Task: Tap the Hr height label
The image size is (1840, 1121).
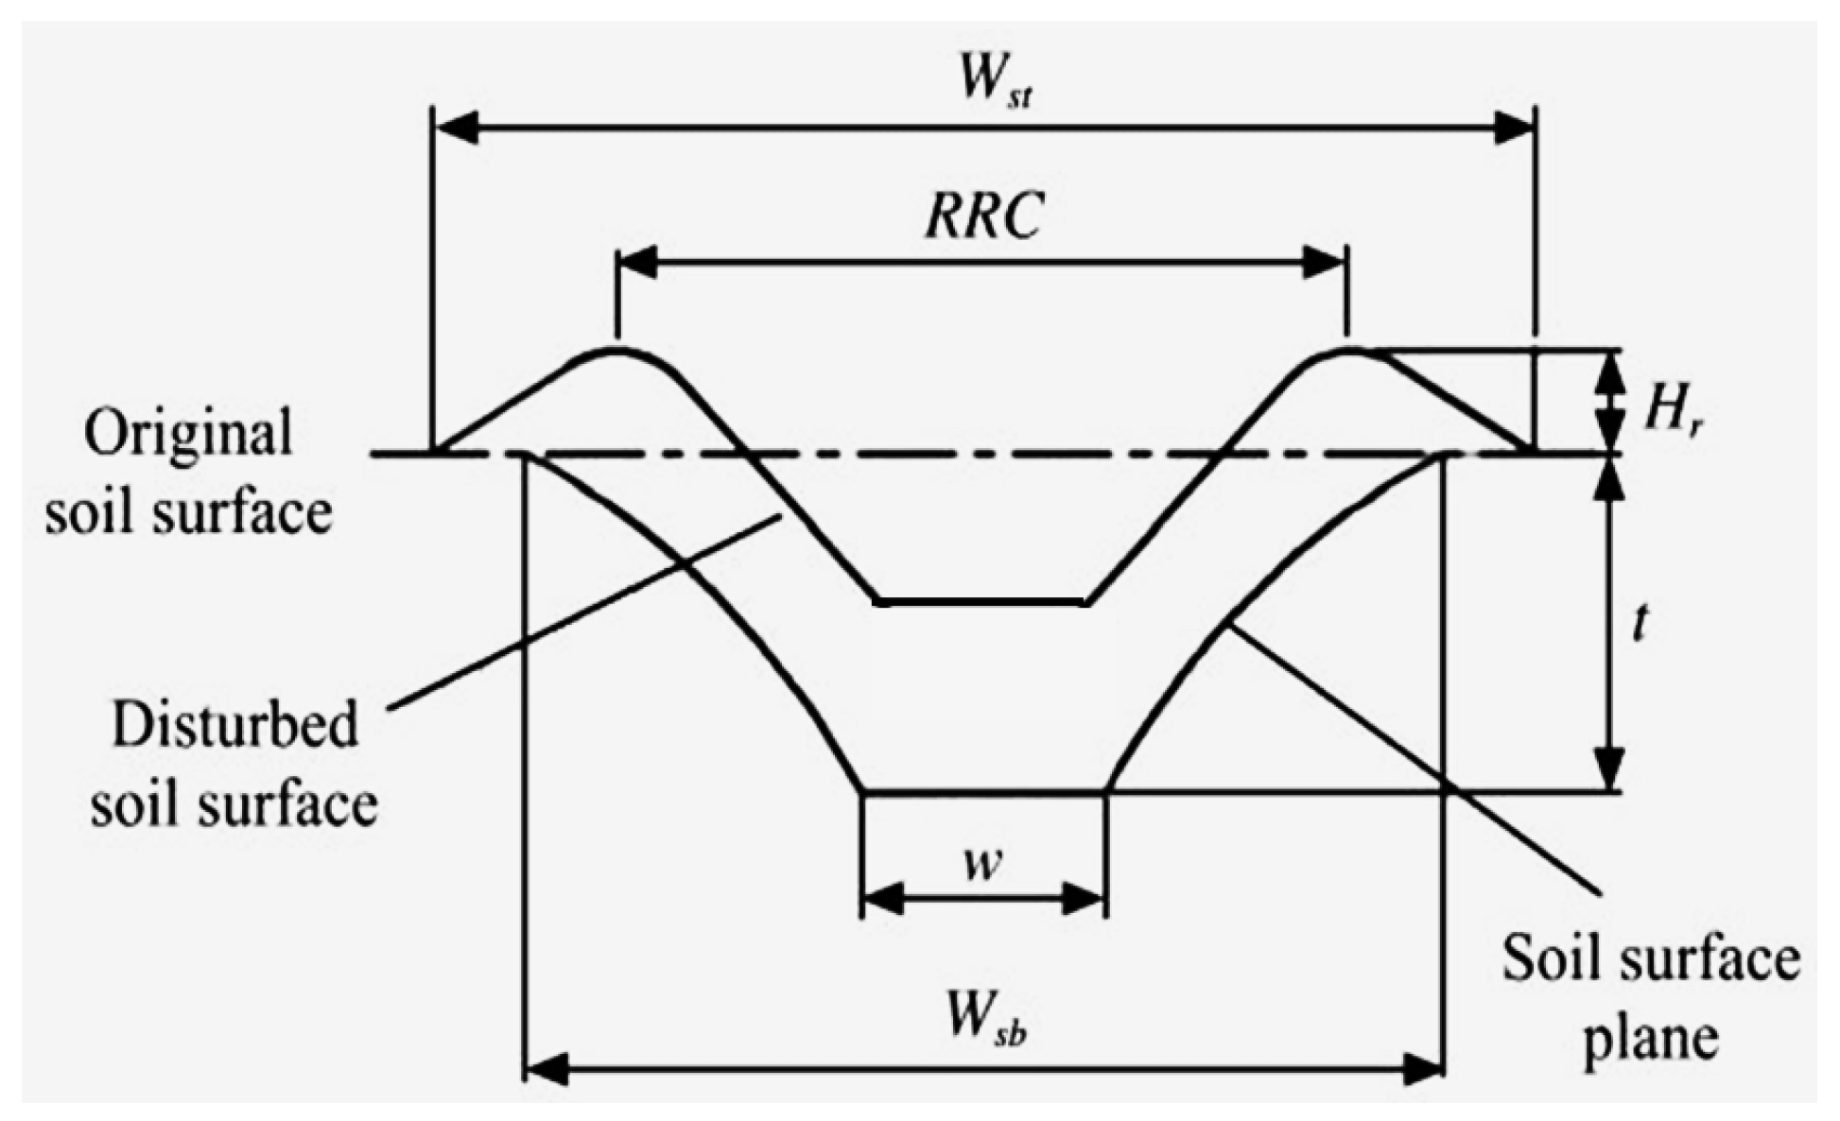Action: point(1672,411)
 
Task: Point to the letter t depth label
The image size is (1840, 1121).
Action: point(1640,624)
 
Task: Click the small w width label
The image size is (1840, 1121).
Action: point(983,862)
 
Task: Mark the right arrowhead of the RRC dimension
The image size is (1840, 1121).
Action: point(1324,262)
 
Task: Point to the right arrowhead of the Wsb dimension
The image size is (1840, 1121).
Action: point(1423,1070)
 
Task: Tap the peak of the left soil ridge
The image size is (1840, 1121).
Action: point(616,350)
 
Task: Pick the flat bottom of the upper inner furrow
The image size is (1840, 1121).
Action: point(981,601)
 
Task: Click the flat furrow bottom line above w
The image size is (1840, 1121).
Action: point(983,792)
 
